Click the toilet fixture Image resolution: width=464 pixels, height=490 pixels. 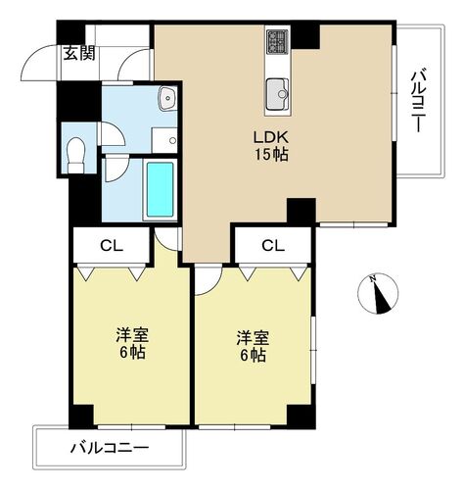pos(76,151)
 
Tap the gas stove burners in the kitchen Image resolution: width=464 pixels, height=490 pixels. pos(276,42)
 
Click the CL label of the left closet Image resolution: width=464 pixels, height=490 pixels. pos(110,245)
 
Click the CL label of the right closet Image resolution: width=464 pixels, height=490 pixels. pos(272,245)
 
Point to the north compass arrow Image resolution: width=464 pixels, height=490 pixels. pos(378,292)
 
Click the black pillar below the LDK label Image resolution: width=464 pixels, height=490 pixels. pos(301,211)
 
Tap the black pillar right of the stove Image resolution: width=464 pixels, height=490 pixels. pos(307,34)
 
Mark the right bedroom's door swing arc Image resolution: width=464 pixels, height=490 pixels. pos(208,282)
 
